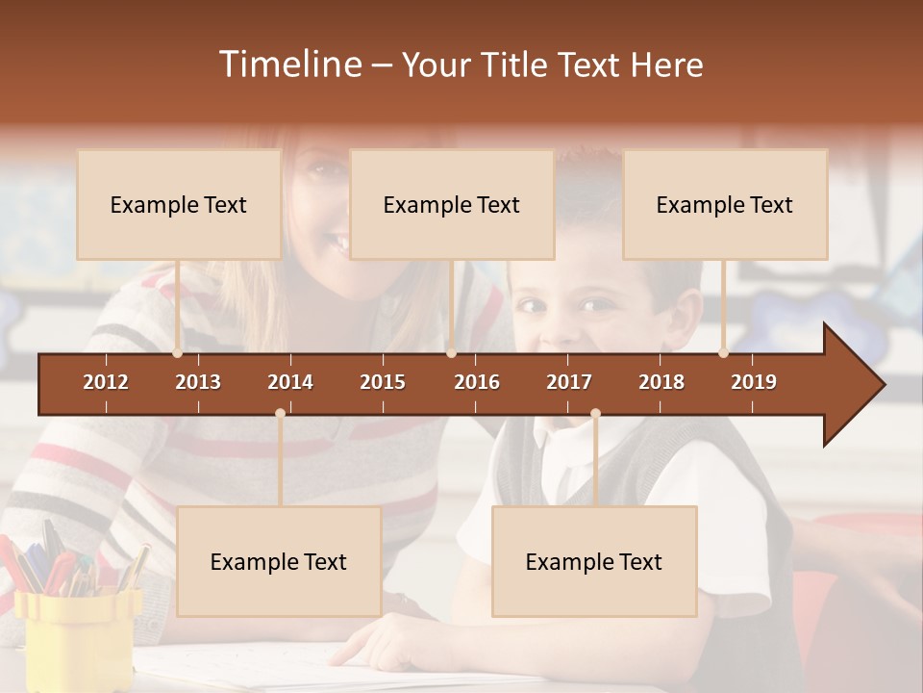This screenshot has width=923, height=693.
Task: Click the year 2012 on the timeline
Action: click(106, 382)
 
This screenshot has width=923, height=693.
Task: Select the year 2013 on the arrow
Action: click(198, 382)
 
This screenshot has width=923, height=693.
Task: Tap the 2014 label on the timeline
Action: click(290, 382)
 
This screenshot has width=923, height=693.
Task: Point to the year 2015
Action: click(383, 382)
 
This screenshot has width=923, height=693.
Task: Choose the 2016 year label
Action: click(477, 382)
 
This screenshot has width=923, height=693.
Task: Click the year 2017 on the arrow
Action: click(569, 382)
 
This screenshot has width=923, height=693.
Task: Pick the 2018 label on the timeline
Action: click(661, 382)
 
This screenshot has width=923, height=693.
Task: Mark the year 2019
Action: click(754, 382)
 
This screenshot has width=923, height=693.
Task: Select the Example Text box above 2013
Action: click(179, 205)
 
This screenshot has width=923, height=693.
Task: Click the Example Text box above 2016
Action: click(452, 205)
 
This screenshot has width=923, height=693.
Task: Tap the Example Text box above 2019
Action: click(725, 205)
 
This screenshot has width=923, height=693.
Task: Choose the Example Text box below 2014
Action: click(279, 562)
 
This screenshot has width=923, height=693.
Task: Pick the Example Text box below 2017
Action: click(594, 562)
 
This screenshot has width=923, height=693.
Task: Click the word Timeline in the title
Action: click(288, 64)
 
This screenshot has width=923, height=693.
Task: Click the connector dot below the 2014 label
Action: click(280, 413)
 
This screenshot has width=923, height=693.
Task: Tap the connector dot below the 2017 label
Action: click(595, 413)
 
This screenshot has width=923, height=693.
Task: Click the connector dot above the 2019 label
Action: click(724, 353)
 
